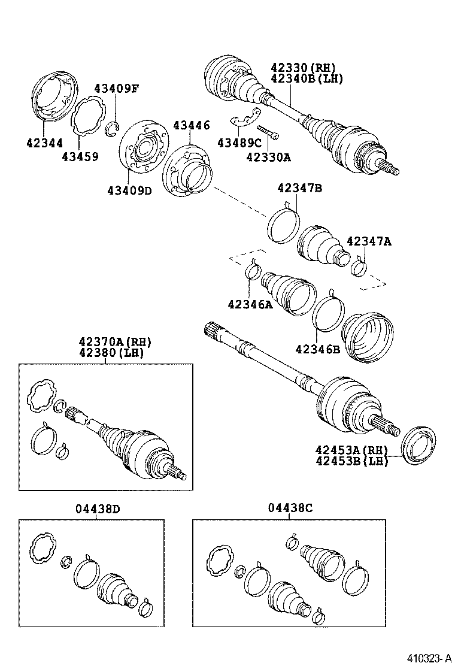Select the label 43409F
[116, 89]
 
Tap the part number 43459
[80, 157]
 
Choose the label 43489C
[239, 143]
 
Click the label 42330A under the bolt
[268, 157]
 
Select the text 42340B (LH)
[307, 79]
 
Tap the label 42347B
[299, 189]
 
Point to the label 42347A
[369, 241]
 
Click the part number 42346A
[250, 305]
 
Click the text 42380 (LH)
[114, 353]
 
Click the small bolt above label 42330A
[268, 132]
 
